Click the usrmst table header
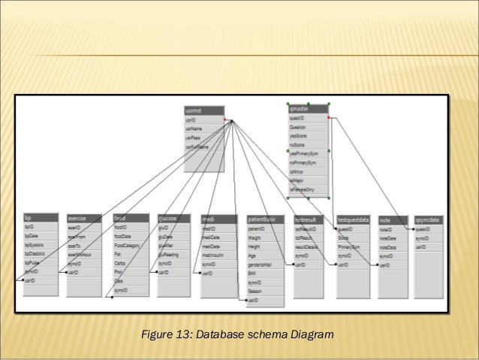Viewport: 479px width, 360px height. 203,110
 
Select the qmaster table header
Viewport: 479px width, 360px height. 308,110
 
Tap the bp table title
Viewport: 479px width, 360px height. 39,218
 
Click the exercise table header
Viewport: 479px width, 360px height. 83,219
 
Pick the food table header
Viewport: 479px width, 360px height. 129,219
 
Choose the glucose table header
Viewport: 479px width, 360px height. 173,219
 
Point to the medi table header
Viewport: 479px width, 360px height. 218,219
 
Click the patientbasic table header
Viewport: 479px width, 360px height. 265,219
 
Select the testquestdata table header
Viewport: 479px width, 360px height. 354,219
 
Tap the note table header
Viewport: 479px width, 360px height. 395,219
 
